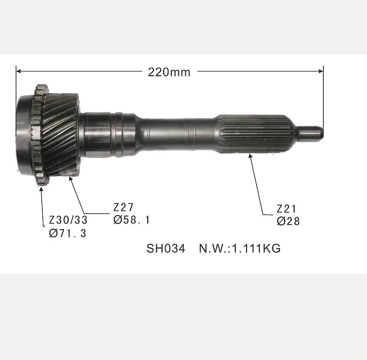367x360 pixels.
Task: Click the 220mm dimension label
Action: [169, 72]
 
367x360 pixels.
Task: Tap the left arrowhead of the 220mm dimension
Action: [19, 72]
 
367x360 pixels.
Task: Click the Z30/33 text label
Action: [68, 220]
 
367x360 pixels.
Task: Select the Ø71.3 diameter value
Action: [68, 233]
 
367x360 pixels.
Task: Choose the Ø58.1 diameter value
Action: [132, 220]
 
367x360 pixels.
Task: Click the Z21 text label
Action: [286, 209]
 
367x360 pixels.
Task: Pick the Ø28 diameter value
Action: [288, 221]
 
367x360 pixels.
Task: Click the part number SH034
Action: [166, 248]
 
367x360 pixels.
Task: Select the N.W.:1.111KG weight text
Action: [239, 248]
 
